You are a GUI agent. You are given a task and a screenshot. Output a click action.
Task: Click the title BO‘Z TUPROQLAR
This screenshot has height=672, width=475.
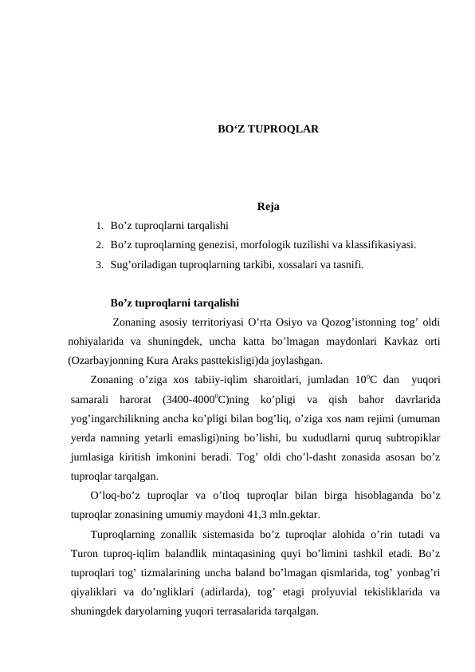tap(269, 128)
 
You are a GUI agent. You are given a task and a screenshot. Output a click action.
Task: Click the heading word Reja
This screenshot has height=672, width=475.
tap(269, 209)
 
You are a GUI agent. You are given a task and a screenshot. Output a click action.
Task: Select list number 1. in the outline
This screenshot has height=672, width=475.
tap(99, 227)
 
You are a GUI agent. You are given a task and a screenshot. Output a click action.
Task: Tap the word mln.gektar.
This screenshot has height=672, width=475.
tap(300, 513)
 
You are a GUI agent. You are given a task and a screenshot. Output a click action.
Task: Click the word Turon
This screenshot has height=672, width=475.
tap(84, 551)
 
